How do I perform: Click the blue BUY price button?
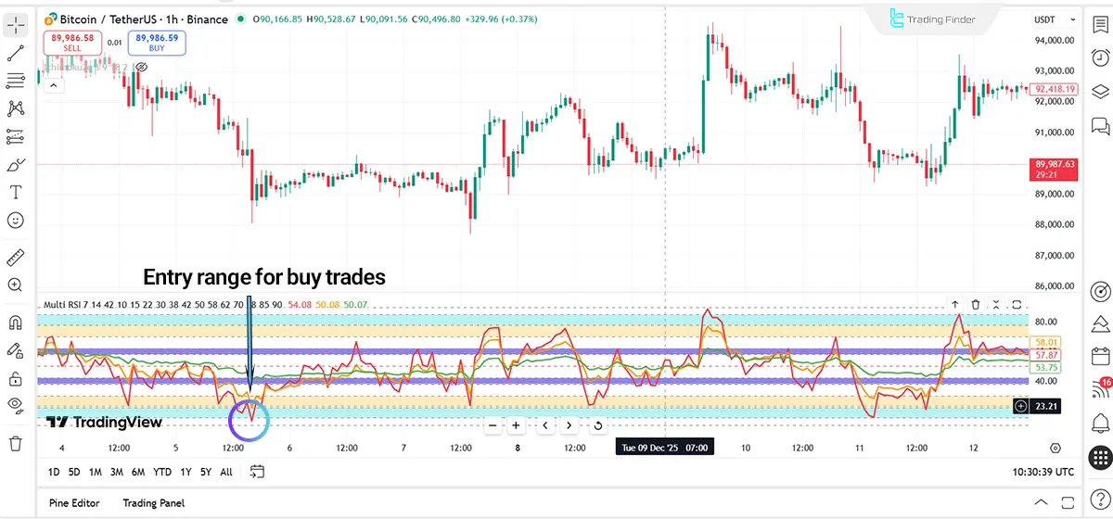158,43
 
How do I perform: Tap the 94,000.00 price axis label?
1055,40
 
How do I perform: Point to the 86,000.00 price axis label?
1055,287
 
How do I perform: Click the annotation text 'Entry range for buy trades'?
263,276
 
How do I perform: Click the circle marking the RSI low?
249,420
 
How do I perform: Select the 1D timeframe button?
54,472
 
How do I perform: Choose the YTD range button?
162,472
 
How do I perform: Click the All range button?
226,472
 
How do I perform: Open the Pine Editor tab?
74,503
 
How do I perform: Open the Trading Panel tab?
153,503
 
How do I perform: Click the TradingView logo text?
104,423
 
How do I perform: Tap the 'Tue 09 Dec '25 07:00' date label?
665,448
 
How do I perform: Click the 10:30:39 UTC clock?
1043,472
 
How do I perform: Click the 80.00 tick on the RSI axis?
1048,322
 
